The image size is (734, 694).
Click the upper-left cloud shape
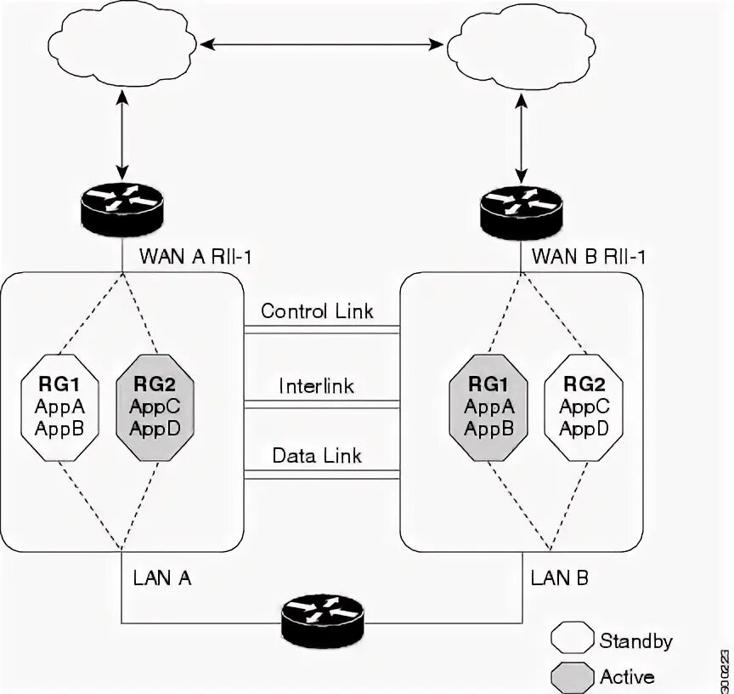click(122, 43)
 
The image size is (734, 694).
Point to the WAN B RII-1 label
click(588, 255)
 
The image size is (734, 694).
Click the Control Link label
click(317, 310)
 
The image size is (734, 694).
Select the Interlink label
click(317, 385)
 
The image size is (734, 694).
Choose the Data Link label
click(317, 455)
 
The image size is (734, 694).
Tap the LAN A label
click(161, 578)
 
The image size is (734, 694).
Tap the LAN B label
click(560, 578)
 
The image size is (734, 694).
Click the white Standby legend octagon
click(572, 640)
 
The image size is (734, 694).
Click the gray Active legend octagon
click(572, 677)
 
